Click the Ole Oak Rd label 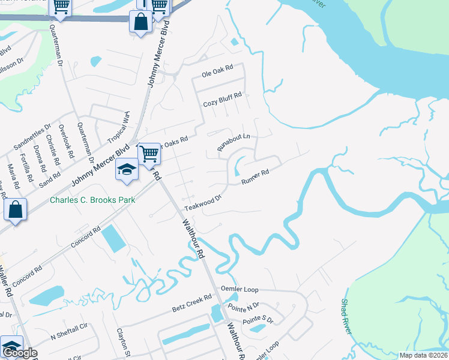click(217, 71)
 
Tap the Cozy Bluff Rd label click(222, 99)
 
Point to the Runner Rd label click(254, 177)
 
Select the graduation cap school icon click(127, 169)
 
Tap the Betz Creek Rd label click(192, 302)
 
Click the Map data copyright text click(423, 355)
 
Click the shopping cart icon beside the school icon click(149, 154)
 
